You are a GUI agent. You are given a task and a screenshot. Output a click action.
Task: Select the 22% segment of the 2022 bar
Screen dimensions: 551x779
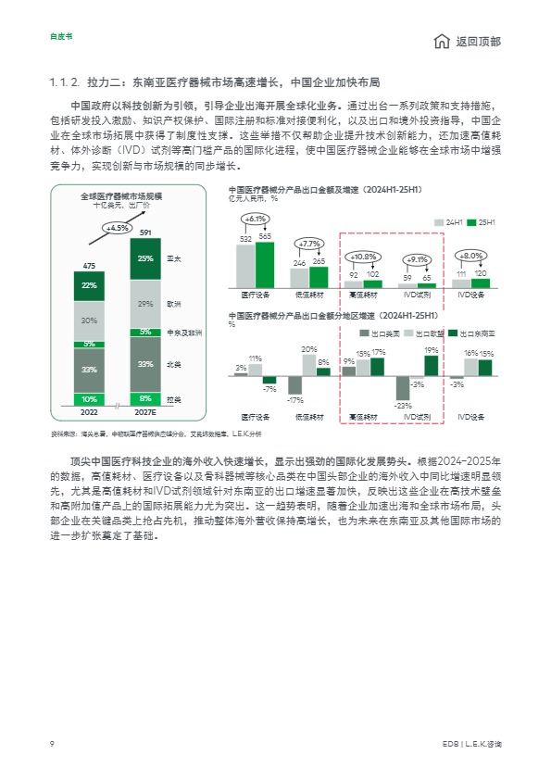click(90, 285)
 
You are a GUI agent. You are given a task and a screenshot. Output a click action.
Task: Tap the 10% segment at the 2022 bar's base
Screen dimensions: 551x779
click(90, 399)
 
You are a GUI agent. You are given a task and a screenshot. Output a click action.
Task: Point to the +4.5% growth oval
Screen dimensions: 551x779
click(118, 227)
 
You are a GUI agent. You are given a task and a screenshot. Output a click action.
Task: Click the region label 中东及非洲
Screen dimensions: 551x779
click(182, 332)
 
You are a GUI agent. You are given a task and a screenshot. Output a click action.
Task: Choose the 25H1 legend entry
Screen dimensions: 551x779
click(483, 223)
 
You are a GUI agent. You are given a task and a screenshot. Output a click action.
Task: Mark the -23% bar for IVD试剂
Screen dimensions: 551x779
click(403, 388)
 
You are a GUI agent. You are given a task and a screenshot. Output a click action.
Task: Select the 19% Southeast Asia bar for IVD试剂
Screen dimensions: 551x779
click(432, 366)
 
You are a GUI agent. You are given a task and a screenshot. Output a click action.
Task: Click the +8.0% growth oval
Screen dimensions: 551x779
click(471, 255)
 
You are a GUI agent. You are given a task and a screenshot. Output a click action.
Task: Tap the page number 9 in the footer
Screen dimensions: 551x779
click(52, 744)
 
